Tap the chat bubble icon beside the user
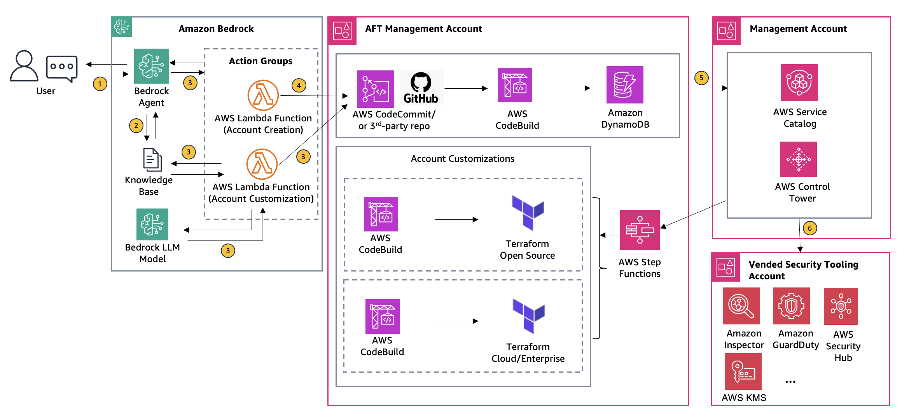click(62, 68)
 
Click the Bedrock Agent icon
click(151, 66)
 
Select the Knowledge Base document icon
click(152, 159)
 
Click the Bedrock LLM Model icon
click(152, 224)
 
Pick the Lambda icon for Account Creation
click(263, 95)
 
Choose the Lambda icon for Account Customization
click(262, 164)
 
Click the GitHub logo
click(421, 88)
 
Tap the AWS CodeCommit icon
click(375, 89)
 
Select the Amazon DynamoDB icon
click(625, 85)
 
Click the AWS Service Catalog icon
click(799, 83)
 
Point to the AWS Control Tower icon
click(798, 159)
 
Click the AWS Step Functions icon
click(640, 230)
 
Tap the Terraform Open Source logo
click(528, 212)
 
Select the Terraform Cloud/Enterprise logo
click(528, 315)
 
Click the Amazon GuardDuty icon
click(791, 306)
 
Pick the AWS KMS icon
click(743, 371)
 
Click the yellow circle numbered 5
click(701, 78)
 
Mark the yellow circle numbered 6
click(810, 228)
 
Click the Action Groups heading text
click(260, 61)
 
